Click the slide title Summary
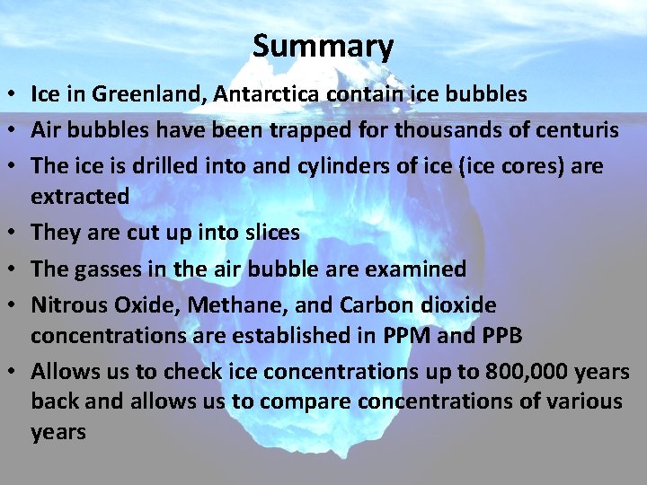(x=323, y=46)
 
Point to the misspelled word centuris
(x=575, y=131)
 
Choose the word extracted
(x=80, y=196)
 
